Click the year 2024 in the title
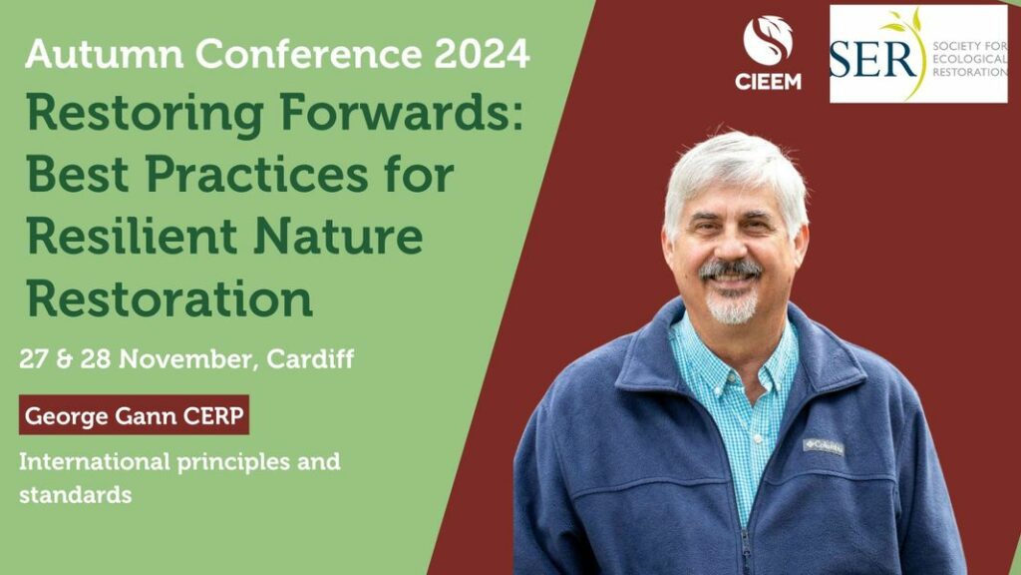[482, 54]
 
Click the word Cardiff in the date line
[310, 359]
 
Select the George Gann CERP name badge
[135, 415]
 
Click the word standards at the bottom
[76, 495]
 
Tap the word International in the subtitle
[95, 461]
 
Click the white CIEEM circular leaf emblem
[768, 40]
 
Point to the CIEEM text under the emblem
[768, 82]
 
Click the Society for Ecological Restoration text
[969, 59]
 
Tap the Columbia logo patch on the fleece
[823, 446]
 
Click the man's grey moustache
[731, 269]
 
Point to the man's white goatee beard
[733, 307]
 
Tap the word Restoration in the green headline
[170, 297]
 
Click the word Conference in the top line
[309, 54]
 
